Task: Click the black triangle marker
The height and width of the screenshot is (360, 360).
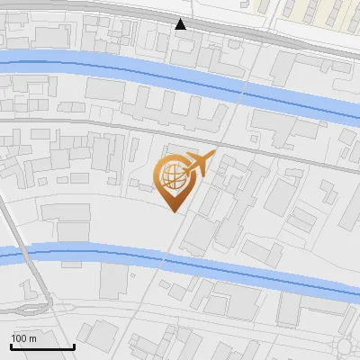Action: tap(181, 24)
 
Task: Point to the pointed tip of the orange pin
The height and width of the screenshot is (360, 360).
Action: tap(175, 211)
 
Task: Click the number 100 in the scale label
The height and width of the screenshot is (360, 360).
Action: tap(20, 338)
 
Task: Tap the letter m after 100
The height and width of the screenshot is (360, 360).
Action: tap(31, 338)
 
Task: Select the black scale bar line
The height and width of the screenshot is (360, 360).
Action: tap(42, 346)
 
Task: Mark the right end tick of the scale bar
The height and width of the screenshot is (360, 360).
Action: tap(74, 345)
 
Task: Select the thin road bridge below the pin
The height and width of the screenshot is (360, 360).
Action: tap(163, 261)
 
